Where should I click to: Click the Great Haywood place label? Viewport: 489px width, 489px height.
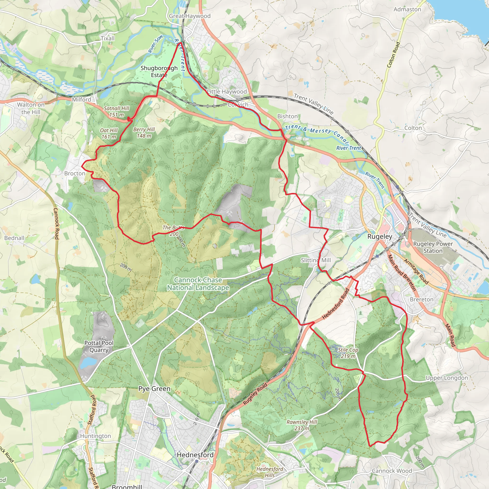pyautogui.click(x=190, y=16)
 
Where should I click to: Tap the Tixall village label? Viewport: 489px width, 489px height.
pyautogui.click(x=108, y=38)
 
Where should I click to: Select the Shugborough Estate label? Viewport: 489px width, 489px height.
pyautogui.click(x=159, y=71)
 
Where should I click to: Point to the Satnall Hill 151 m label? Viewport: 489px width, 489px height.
pyautogui.click(x=117, y=112)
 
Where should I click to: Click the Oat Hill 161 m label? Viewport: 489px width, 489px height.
pyautogui.click(x=109, y=133)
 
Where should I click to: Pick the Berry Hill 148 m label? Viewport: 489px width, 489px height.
pyautogui.click(x=144, y=133)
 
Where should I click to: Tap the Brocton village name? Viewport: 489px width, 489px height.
pyautogui.click(x=75, y=173)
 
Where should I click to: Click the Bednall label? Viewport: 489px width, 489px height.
pyautogui.click(x=14, y=238)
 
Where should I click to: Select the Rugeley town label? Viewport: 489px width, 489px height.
pyautogui.click(x=380, y=236)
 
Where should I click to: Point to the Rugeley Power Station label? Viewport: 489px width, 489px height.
pyautogui.click(x=433, y=247)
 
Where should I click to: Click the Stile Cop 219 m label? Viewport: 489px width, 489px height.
pyautogui.click(x=348, y=353)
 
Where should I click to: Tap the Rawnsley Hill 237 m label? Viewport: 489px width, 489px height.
pyautogui.click(x=302, y=425)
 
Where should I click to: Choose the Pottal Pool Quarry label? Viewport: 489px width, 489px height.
pyautogui.click(x=99, y=346)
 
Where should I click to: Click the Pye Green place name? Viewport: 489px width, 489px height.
pyautogui.click(x=154, y=388)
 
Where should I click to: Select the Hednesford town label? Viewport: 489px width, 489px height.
pyautogui.click(x=195, y=455)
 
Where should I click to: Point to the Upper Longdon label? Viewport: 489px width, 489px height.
pyautogui.click(x=447, y=378)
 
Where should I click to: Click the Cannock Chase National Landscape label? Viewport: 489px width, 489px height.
pyautogui.click(x=198, y=284)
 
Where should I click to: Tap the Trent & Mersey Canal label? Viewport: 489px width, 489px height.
pyautogui.click(x=317, y=133)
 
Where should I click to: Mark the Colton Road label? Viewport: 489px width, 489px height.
pyautogui.click(x=393, y=55)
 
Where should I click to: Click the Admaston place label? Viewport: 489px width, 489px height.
pyautogui.click(x=407, y=9)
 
